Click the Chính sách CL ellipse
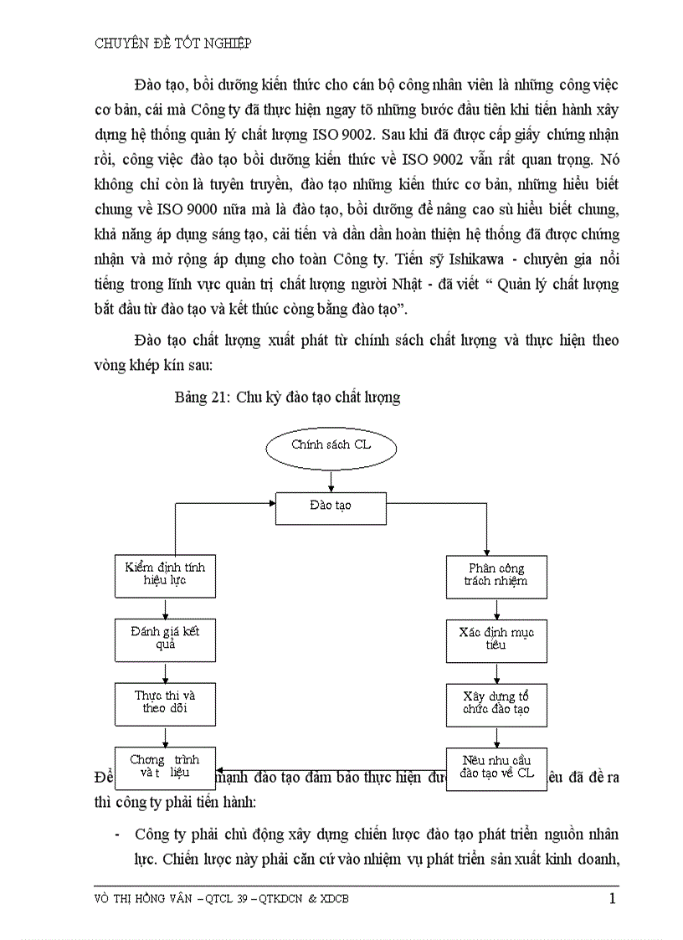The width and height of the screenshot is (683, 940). coord(331,445)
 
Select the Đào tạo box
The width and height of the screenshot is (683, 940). coord(331,508)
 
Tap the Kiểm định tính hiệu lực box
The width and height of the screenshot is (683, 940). coord(165,574)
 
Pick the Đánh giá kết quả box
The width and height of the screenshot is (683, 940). coord(165,639)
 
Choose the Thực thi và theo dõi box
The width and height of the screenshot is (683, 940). coord(165,703)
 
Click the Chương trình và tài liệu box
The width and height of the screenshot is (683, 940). coord(165,767)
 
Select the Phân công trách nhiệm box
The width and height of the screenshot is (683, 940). coord(496,576)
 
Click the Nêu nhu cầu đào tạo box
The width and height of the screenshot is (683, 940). coord(496,768)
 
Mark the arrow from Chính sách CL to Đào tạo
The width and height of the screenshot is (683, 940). coord(331,481)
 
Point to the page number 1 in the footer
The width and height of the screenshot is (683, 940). coord(613,900)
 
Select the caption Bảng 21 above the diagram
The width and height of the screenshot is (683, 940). coord(287,398)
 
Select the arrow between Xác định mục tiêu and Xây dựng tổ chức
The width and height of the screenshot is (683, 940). coord(496,672)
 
